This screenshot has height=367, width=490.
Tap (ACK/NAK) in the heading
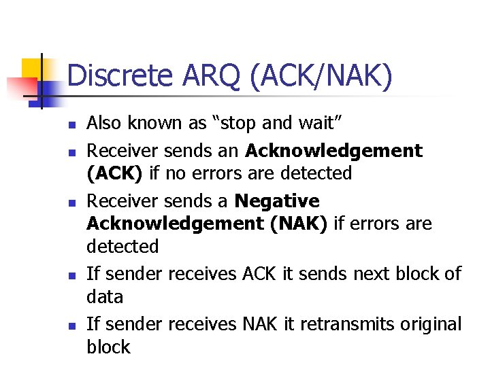coord(321,76)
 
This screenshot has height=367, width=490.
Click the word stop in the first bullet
coord(235,123)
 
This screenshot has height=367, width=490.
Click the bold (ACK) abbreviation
coord(114,173)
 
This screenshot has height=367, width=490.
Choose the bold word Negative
coord(276,201)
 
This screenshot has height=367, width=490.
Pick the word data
coord(105,296)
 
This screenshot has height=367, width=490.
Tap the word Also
coord(104,123)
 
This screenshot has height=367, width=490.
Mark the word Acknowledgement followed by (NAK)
coord(176,224)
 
